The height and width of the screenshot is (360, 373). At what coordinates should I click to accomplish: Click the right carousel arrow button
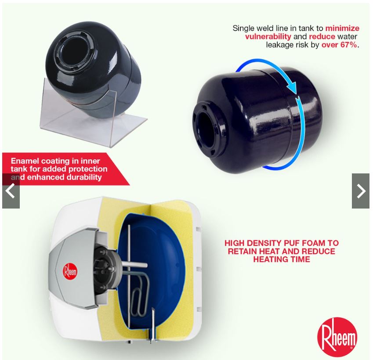coord(361,191)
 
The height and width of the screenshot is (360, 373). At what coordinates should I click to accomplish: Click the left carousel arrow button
coord(11,191)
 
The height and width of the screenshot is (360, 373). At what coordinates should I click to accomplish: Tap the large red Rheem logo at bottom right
coord(337,337)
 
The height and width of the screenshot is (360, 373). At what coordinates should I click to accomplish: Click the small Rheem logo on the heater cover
coord(70,271)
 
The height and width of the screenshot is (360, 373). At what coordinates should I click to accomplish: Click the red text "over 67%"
coord(339,45)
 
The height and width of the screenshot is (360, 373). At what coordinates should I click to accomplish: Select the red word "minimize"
coord(342,28)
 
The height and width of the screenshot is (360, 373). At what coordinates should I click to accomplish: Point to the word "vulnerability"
coord(268,36)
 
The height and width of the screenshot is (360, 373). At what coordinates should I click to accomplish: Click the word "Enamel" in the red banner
coord(25,161)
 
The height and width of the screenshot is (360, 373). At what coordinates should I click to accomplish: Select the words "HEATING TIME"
coord(282,259)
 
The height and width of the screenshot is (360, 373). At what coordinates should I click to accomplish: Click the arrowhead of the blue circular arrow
coord(292,87)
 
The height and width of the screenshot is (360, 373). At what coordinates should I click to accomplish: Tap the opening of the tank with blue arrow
coord(206,130)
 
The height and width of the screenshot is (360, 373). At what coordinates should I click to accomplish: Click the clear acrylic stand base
coord(95,128)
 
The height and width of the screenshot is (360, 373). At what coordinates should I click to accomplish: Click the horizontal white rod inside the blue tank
coord(135,265)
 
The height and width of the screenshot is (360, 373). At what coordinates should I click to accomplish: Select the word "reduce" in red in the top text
coord(322,36)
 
